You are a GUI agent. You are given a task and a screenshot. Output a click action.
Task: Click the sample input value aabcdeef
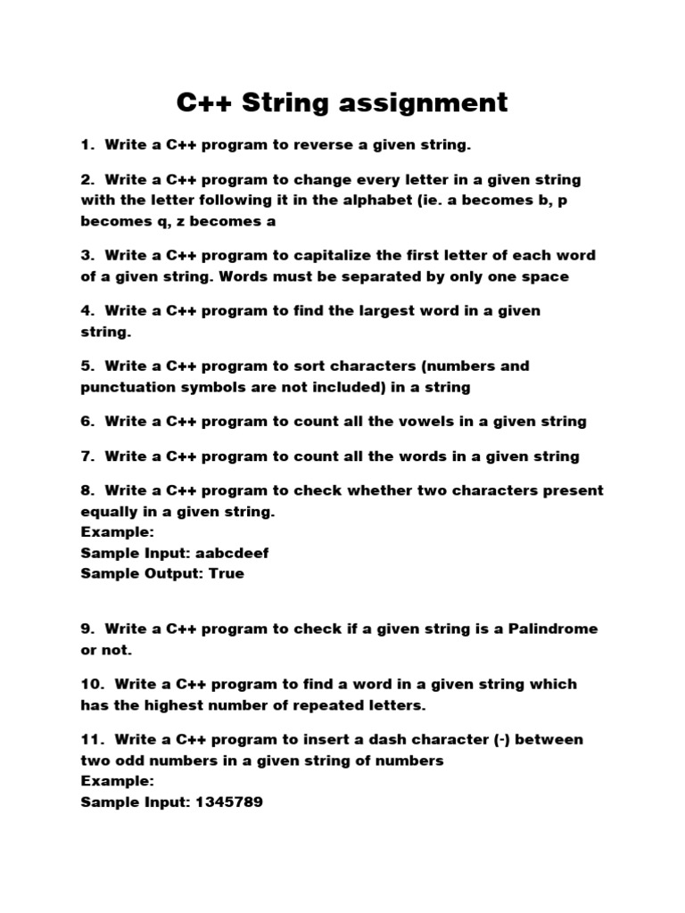point(224,553)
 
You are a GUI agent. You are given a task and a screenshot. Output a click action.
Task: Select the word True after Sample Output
point(226,573)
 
